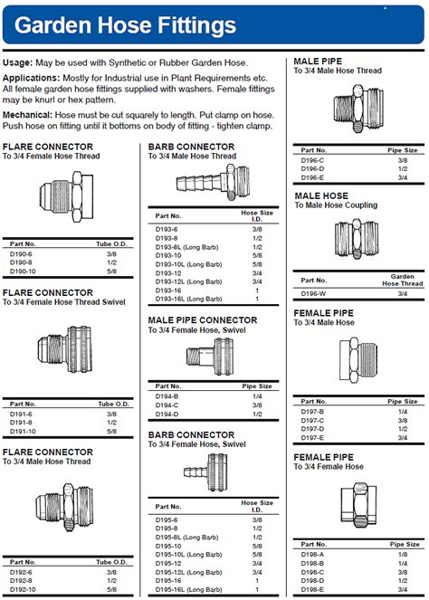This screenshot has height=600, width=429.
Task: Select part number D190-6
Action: point(22,254)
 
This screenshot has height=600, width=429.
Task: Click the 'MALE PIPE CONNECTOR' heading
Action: point(202,320)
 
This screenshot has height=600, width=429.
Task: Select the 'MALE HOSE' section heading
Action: point(321,195)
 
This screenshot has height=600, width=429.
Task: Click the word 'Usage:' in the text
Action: point(18,62)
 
